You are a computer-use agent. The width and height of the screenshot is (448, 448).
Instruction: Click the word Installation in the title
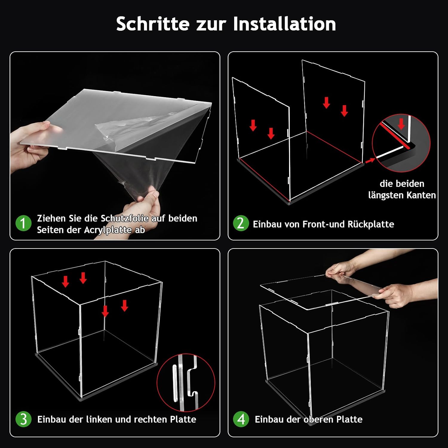[x=284, y=24]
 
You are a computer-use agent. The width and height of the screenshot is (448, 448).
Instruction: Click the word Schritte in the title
[x=153, y=24]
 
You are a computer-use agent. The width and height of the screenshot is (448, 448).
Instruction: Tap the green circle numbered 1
[x=23, y=223]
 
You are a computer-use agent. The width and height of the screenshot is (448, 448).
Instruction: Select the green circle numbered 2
[x=241, y=223]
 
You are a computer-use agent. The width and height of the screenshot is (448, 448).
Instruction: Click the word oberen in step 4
[x=319, y=419]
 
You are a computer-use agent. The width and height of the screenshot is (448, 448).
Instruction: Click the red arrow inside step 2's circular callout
[x=401, y=124]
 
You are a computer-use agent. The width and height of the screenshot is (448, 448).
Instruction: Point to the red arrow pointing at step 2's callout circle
[x=370, y=161]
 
